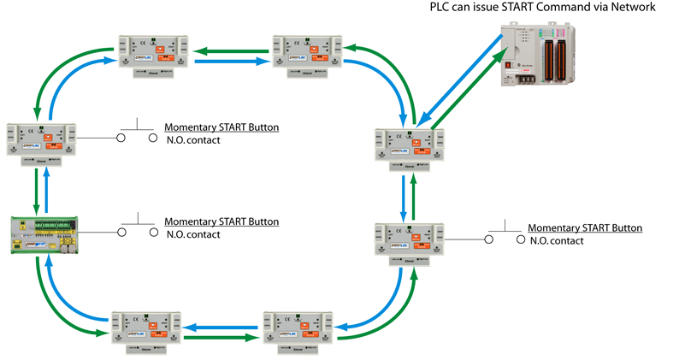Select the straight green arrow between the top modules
point(233,49)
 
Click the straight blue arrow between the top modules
point(233,61)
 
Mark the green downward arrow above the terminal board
point(35,191)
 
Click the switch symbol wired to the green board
point(137,231)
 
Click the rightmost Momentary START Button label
point(585,228)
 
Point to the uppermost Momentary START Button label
point(221,127)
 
